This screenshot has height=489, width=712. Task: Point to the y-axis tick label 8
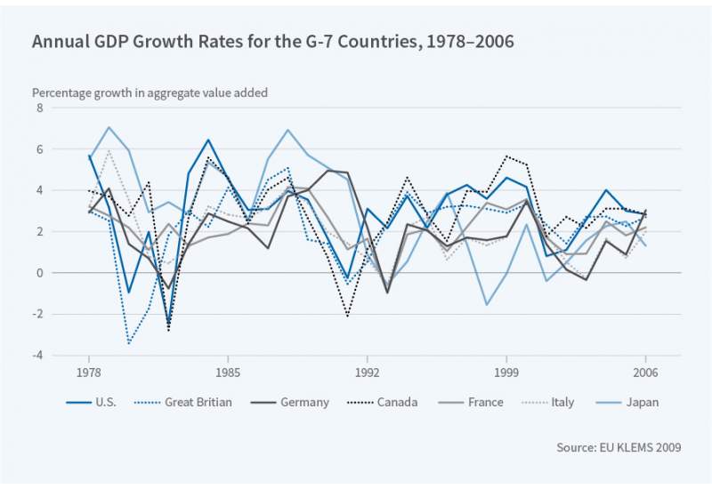point(39,108)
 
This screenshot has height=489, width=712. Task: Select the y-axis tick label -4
point(37,356)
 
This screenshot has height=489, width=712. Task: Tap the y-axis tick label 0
point(39,273)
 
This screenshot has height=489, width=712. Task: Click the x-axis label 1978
point(89,372)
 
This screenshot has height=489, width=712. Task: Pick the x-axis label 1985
point(228,372)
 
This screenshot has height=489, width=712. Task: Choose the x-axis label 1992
point(367,372)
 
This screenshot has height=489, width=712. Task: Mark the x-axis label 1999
point(506,372)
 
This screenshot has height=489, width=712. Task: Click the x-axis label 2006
point(645,372)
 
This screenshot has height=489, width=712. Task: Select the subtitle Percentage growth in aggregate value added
point(150,92)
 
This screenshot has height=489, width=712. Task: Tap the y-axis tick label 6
point(39,149)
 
